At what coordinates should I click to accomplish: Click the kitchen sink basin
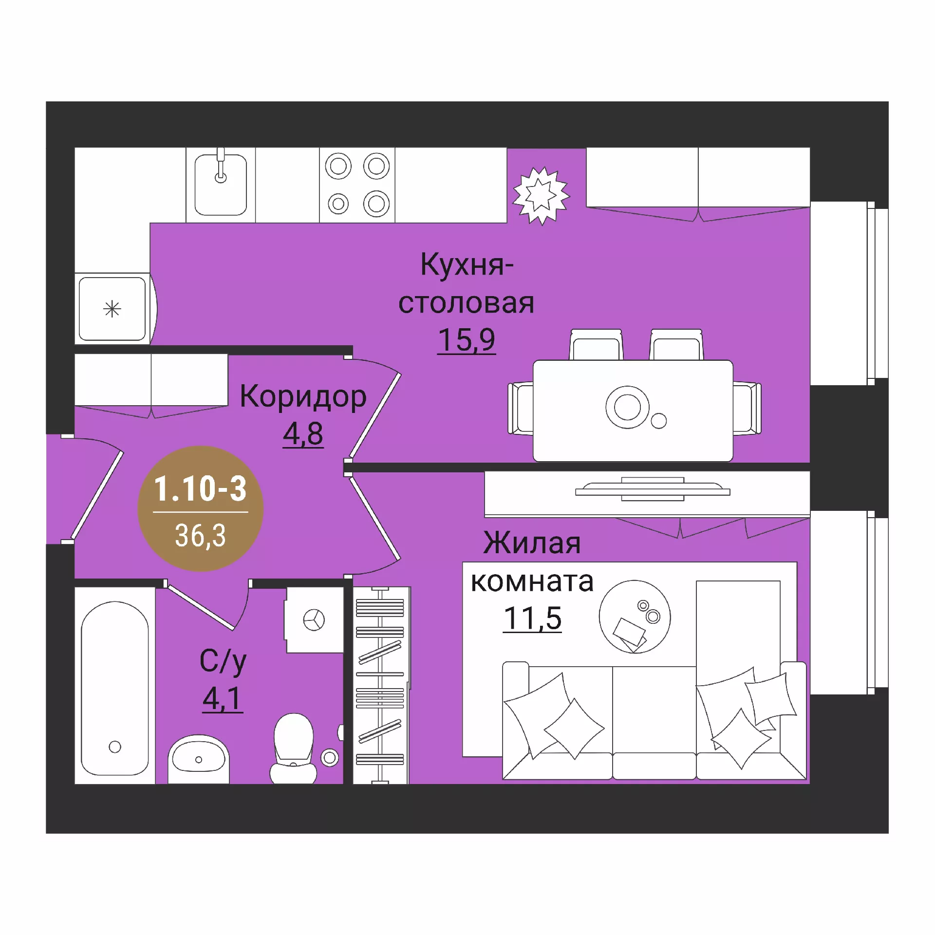click(221, 185)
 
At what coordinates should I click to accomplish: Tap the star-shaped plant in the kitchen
click(541, 196)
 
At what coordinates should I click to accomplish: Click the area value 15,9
click(467, 339)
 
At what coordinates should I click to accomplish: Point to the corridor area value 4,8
click(303, 433)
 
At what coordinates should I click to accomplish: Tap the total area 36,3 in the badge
click(201, 536)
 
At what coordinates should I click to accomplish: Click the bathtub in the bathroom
click(115, 688)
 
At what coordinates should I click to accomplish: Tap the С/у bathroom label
click(223, 662)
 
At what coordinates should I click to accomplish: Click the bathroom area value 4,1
click(223, 699)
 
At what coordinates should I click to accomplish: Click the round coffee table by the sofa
click(635, 617)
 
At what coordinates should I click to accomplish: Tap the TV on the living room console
click(653, 489)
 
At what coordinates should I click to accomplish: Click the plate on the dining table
click(627, 407)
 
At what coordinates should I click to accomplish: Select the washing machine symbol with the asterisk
click(112, 309)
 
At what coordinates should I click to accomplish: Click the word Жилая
click(532, 542)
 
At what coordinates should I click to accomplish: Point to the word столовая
click(467, 303)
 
